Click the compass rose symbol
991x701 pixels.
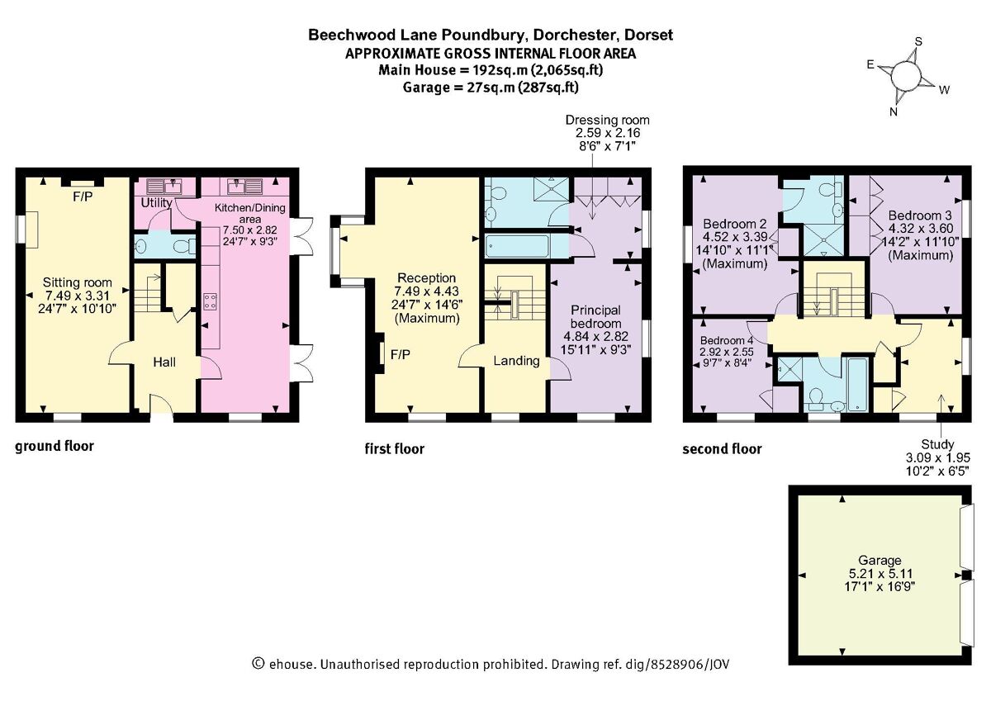(905, 76)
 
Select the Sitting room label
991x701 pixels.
(73, 282)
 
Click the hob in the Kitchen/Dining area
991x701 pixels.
(210, 301)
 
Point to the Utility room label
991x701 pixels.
(156, 202)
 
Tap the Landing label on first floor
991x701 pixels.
(516, 360)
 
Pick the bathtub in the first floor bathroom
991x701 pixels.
(518, 246)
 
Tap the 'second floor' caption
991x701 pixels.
(722, 449)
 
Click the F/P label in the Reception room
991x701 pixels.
(401, 354)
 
